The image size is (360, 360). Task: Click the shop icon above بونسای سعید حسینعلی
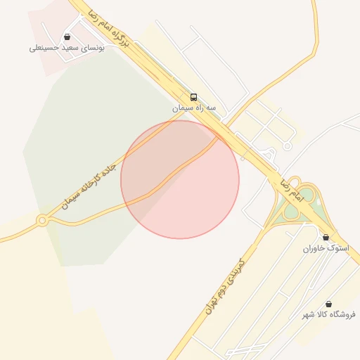tap(67, 37)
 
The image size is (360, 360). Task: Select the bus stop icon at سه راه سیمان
tap(193, 97)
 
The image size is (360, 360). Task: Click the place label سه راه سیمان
tap(193, 108)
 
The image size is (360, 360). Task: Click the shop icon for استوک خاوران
tap(326, 238)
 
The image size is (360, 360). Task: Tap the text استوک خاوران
tap(326, 249)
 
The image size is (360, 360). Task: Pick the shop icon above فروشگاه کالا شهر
tap(328, 304)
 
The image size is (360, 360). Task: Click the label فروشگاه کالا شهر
tap(328, 314)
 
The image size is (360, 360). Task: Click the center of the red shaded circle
tap(180, 179)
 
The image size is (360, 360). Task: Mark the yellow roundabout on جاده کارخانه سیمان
tap(42, 221)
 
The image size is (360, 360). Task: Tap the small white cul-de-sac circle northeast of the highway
tap(287, 146)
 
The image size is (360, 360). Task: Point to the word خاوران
tap(316, 249)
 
